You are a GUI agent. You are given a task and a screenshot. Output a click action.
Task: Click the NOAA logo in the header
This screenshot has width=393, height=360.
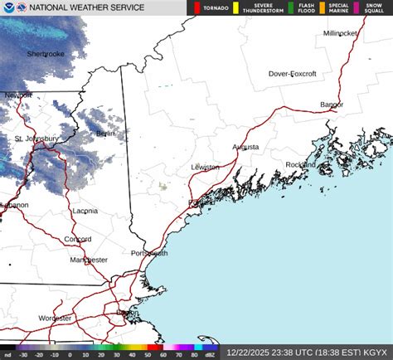10,7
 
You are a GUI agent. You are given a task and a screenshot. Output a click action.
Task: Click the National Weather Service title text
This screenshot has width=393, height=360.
85,8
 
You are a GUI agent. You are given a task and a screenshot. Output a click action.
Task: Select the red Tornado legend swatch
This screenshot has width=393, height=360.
196,8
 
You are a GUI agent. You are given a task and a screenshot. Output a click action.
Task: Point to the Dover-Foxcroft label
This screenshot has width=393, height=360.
294,74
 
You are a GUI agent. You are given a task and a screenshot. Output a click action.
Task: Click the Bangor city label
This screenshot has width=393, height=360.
332,105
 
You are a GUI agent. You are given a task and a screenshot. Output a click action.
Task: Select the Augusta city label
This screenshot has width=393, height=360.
245,147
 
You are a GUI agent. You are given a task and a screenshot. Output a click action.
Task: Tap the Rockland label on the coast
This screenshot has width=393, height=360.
300,165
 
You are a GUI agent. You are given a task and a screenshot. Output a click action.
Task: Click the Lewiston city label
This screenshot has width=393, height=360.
205,167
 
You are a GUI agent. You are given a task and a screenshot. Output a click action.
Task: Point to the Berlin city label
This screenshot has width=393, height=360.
105,134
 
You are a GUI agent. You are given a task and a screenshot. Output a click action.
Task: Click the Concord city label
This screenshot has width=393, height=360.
78,239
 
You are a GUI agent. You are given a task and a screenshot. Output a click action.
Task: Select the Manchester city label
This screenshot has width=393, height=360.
89,260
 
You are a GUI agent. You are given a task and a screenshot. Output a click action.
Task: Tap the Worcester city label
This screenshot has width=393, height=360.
55,318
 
